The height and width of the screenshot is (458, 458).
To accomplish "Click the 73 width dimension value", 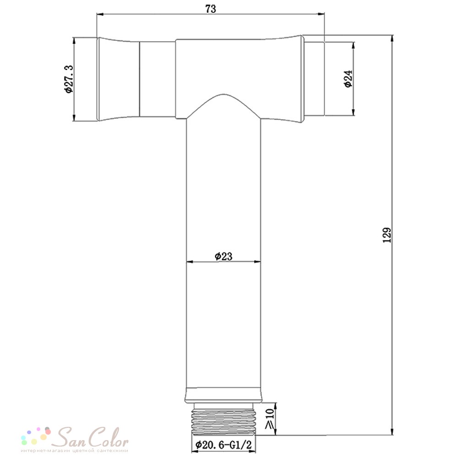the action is pyautogui.click(x=211, y=9).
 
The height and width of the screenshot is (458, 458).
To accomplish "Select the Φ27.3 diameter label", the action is pyautogui.click(x=69, y=79).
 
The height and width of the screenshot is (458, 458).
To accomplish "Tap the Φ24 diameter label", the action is pyautogui.click(x=349, y=79).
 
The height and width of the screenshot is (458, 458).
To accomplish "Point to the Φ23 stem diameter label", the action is pyautogui.click(x=224, y=256).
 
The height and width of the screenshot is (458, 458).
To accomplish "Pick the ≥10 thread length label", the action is pyautogui.click(x=269, y=419).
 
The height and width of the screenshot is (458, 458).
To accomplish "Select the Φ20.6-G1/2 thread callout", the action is pyautogui.click(x=224, y=445).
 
